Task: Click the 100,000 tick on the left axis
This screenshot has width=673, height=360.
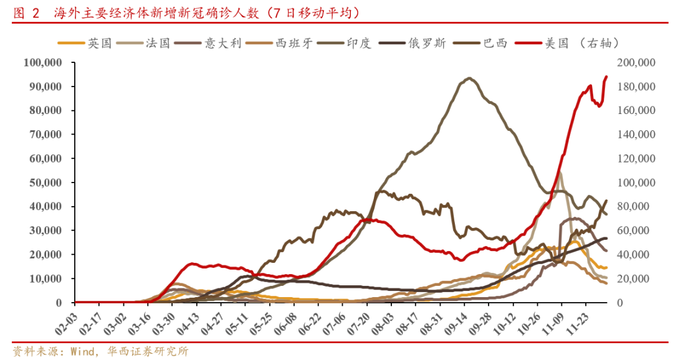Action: coord(42,63)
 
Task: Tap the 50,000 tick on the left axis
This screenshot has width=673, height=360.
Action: coord(44,182)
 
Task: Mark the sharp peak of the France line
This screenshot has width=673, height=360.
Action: coord(559,174)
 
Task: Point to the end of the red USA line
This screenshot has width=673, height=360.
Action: coord(606,77)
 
